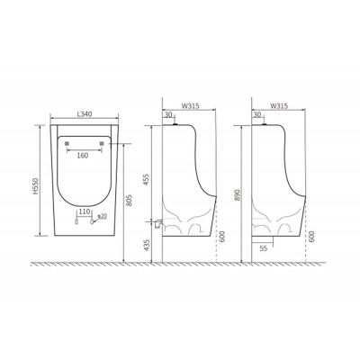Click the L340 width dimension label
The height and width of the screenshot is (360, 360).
85,114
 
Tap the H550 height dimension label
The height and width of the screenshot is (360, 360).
36,186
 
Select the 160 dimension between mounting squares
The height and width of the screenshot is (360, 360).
83,156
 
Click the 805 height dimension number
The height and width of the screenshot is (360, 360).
130,200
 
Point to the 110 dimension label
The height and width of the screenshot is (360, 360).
85,211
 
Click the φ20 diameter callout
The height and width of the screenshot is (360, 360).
103,216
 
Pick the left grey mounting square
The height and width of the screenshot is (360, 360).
67,143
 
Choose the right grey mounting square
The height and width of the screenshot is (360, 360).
102,143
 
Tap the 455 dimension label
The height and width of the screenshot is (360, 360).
146,179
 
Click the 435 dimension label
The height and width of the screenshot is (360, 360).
146,245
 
